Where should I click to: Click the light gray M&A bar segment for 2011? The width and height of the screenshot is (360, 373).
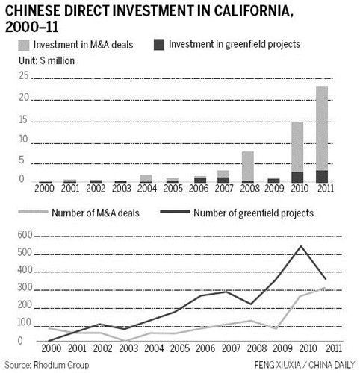(x=322, y=128)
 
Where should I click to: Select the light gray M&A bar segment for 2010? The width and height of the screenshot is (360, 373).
(x=297, y=147)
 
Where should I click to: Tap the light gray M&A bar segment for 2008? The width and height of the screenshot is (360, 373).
(x=248, y=166)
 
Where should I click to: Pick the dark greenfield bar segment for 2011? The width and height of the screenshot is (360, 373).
(x=322, y=177)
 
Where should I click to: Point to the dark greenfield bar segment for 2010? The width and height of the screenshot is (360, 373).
(x=297, y=177)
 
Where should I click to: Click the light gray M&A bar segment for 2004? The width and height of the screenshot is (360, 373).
(x=146, y=178)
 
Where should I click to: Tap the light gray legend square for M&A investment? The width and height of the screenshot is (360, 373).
(x=24, y=46)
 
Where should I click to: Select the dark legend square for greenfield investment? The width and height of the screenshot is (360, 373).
(x=159, y=45)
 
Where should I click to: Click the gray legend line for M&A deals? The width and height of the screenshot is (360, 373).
(x=33, y=212)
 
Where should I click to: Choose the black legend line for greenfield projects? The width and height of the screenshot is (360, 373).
(x=175, y=212)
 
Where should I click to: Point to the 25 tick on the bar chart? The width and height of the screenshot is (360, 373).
(x=24, y=75)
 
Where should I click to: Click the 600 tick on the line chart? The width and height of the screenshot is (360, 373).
(x=25, y=235)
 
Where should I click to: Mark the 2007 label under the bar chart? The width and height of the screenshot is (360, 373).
(x=223, y=189)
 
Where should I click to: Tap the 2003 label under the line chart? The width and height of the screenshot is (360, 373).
(x=128, y=348)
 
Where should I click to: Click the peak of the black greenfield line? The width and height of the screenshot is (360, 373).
(x=301, y=246)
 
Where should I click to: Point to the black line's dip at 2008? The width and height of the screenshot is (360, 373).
(x=251, y=304)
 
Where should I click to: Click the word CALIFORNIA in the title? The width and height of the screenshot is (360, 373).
(x=252, y=11)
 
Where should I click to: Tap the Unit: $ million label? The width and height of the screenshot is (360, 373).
(x=46, y=61)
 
